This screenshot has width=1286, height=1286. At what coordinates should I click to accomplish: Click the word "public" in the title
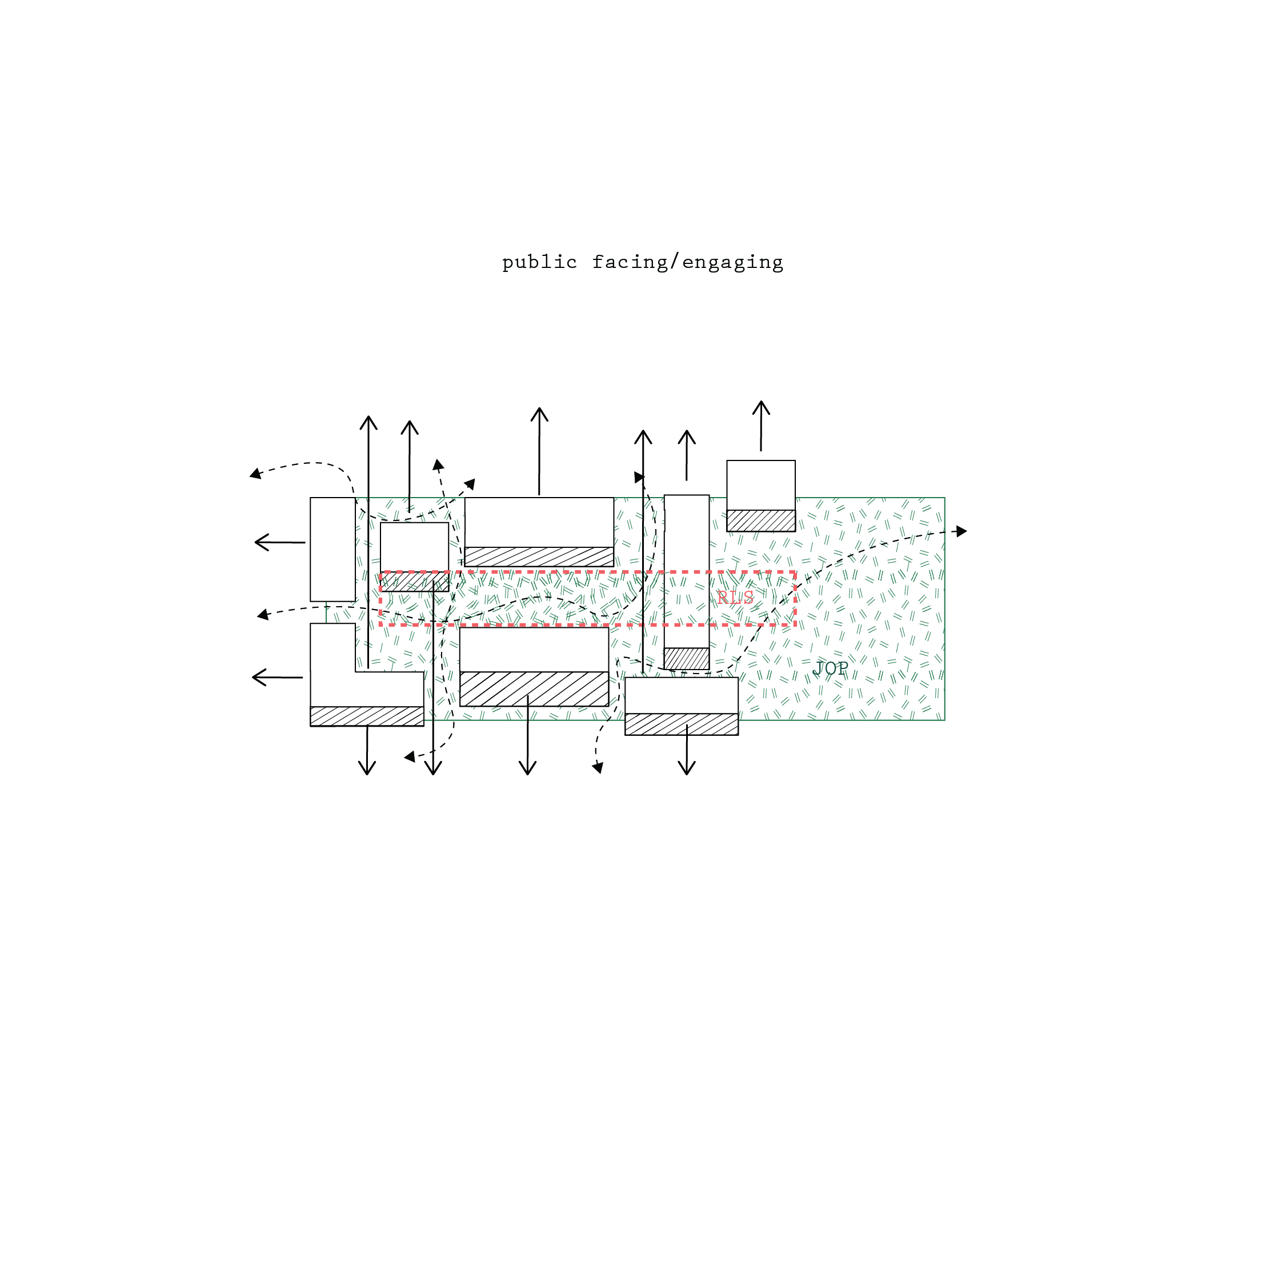tap(539, 262)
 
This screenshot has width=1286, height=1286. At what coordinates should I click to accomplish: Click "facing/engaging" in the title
tap(688, 262)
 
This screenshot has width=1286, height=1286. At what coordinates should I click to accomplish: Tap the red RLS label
tap(735, 597)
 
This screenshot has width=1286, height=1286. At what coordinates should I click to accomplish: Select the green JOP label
tap(830, 668)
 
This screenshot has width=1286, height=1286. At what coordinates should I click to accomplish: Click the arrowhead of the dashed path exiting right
tap(961, 531)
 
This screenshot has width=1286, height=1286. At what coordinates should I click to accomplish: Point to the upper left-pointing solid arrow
tap(281, 543)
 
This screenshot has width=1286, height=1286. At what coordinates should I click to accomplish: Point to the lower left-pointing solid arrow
tap(278, 678)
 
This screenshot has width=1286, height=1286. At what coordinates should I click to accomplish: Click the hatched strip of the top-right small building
tap(761, 520)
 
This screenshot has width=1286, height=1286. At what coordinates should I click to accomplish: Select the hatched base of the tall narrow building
tap(686, 658)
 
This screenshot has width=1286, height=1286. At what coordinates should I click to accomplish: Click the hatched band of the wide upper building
tap(539, 556)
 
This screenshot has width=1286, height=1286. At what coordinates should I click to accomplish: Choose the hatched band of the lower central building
tap(534, 688)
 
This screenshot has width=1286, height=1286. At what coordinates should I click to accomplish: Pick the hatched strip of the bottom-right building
tap(682, 724)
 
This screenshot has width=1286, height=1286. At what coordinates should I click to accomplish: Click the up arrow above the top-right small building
tap(761, 426)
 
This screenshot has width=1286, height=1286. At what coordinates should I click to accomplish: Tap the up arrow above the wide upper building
tap(539, 451)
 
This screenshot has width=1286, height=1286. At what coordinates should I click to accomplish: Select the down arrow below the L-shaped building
tap(367, 750)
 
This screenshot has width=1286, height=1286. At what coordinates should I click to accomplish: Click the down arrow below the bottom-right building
tap(686, 750)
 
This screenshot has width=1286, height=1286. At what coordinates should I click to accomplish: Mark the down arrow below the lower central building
tap(527, 735)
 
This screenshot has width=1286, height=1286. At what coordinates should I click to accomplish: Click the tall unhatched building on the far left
tap(333, 549)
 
